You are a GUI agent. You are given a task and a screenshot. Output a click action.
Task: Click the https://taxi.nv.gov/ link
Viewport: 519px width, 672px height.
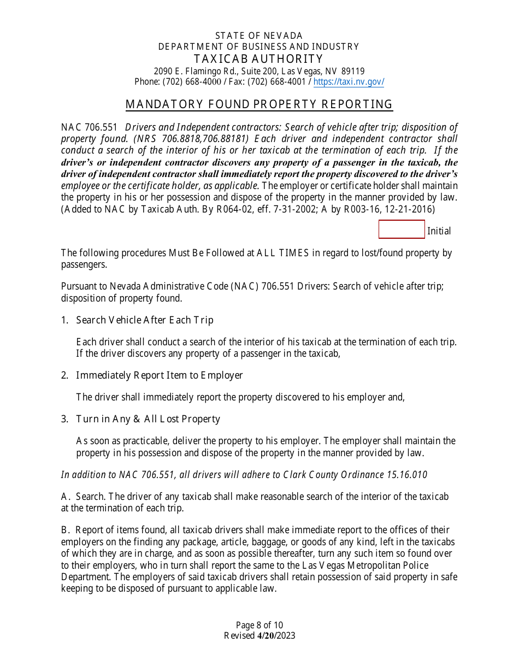click(349, 82)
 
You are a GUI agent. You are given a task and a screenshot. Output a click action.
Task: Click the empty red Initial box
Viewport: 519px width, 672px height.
click(402, 229)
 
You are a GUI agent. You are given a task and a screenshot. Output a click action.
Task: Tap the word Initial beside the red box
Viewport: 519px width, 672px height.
click(439, 231)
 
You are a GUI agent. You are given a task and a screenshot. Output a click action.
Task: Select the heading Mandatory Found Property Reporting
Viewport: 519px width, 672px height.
click(259, 104)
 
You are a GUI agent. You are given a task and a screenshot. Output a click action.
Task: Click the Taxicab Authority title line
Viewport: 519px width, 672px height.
click(259, 59)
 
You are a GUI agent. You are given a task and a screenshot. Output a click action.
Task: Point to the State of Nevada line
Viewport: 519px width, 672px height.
click(259, 36)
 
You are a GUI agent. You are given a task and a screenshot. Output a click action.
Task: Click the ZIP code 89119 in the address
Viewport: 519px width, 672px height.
click(353, 71)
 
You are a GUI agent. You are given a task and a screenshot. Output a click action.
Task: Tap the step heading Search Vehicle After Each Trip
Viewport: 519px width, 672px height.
click(144, 320)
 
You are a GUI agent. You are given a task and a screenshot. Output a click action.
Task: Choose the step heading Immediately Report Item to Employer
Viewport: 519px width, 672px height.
click(159, 375)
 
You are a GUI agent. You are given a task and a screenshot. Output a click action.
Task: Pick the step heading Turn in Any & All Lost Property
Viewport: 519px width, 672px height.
click(148, 419)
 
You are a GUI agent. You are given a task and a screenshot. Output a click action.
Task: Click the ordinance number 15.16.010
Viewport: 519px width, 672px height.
click(406, 475)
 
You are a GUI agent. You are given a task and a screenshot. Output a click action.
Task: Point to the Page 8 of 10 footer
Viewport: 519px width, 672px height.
click(259, 626)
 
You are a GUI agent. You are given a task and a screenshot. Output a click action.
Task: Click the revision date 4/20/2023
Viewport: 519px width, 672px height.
click(276, 635)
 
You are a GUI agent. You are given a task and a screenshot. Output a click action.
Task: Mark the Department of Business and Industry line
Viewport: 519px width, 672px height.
click(259, 47)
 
